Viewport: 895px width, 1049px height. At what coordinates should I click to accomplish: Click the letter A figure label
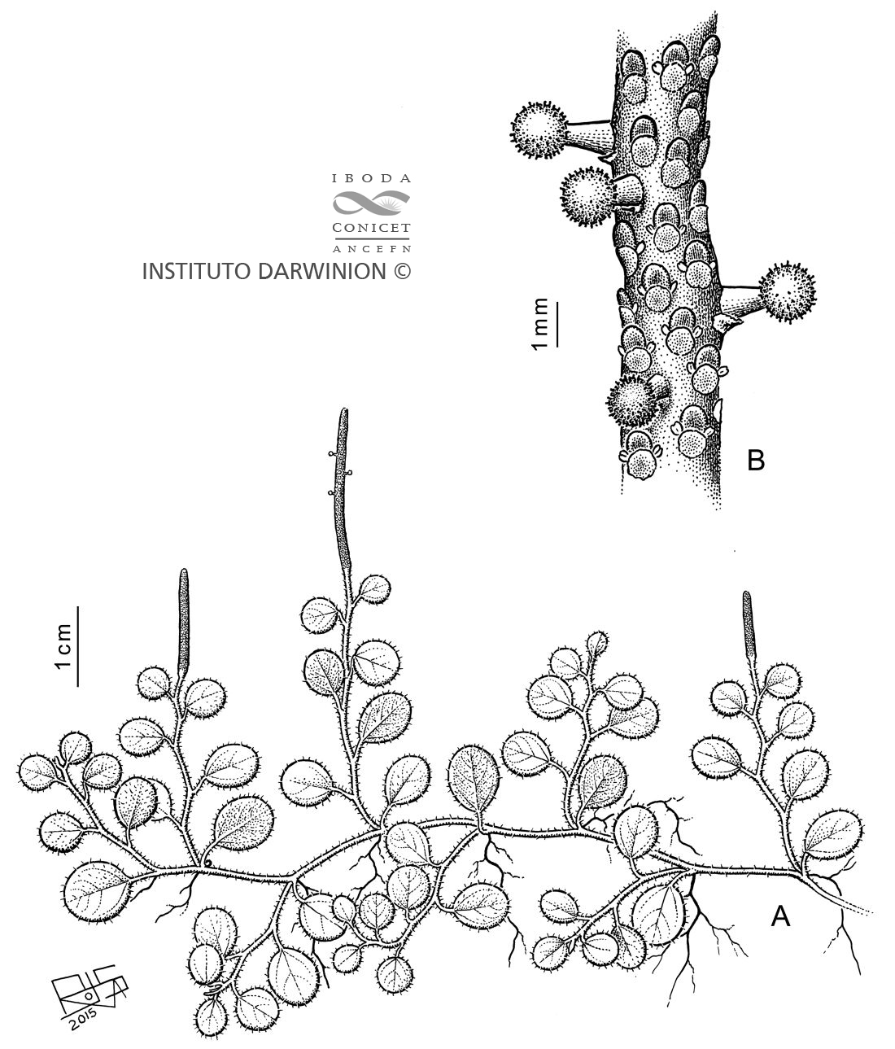(780, 917)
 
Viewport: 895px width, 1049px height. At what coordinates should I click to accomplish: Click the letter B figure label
(756, 460)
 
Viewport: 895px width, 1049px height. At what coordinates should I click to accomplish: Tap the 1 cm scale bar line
(77, 646)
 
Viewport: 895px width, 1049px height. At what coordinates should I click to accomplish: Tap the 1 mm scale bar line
(557, 324)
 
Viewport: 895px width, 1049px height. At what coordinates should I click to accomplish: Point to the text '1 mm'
(539, 324)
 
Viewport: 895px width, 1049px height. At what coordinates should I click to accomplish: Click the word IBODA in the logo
(371, 179)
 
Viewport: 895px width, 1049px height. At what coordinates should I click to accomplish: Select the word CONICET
(371, 228)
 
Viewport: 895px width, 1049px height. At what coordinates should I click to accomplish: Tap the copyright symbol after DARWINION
(402, 272)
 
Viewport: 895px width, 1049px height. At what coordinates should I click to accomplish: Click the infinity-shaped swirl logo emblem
(371, 203)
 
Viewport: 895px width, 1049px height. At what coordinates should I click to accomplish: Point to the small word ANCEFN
(371, 249)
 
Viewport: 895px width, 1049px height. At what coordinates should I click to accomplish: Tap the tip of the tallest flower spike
(344, 409)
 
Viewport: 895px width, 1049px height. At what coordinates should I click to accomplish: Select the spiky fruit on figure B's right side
(788, 293)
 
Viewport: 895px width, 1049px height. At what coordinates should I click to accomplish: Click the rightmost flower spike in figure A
(748, 628)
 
